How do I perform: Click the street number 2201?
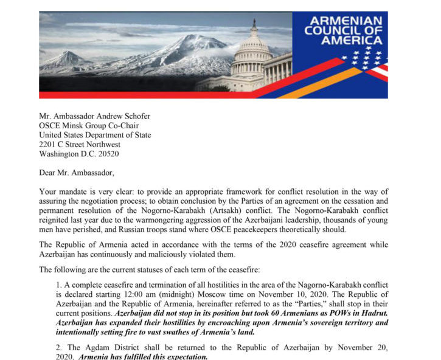point(49,145)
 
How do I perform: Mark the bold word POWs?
point(337,313)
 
